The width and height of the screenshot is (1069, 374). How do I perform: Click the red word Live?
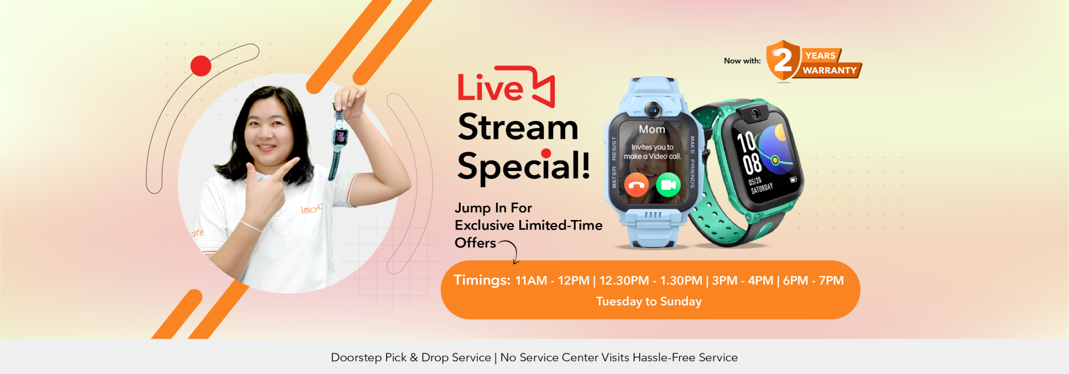pos(490,88)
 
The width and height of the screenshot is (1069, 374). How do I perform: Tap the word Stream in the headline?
pos(518,127)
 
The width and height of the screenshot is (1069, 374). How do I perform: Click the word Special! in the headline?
pos(523,166)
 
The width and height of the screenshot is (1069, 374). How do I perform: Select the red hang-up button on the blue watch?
pos(636,185)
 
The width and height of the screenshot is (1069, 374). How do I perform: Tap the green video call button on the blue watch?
pos(668,185)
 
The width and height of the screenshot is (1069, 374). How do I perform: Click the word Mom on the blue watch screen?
pos(652,129)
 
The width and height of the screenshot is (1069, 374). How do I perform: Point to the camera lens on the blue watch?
pos(652,109)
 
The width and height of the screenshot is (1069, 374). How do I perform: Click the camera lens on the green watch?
pos(755,114)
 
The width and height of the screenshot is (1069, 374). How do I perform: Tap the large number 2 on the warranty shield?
pos(783,60)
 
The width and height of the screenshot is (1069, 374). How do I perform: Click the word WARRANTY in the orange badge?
pos(829,70)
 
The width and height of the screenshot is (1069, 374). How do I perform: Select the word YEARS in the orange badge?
pos(820,55)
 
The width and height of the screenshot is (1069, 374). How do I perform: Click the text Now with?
pos(742,61)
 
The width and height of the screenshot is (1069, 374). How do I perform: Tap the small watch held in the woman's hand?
pos(341,137)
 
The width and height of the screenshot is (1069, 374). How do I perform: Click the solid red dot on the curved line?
pos(201,66)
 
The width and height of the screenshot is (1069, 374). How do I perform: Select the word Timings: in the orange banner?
pos(481,280)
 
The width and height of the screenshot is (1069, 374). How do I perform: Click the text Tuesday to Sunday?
pos(649,301)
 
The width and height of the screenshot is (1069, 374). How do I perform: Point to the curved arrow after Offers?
pos(510,251)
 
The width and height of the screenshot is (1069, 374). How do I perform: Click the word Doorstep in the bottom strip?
pos(356,357)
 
